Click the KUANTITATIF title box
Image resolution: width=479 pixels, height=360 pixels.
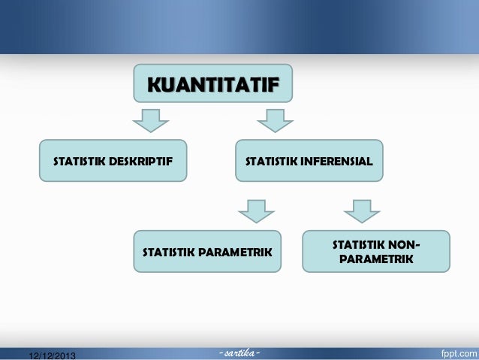212,83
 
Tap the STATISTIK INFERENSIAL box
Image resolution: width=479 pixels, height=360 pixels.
309,161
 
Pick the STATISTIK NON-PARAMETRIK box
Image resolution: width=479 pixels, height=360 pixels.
375,252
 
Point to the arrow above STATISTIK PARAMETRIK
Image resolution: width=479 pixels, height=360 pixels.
258,210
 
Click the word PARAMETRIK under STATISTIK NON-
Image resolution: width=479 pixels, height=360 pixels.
376,260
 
